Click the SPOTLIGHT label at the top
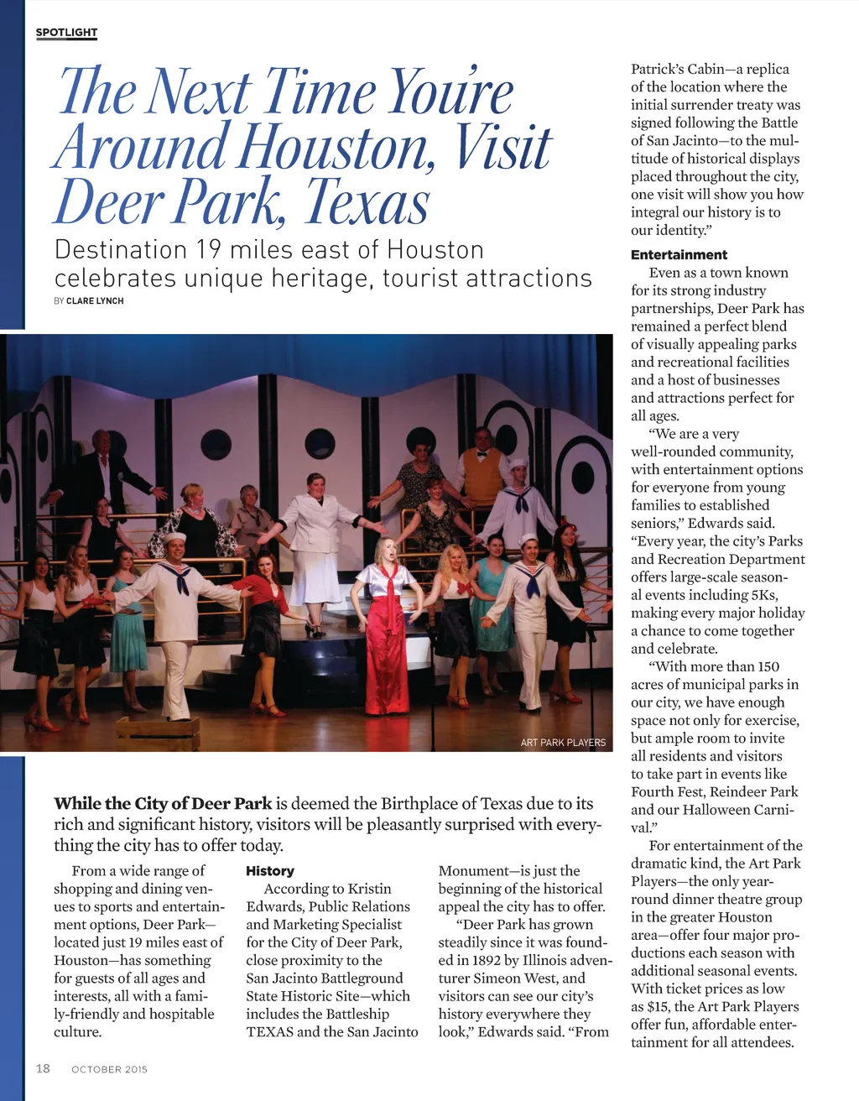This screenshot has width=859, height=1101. [66, 33]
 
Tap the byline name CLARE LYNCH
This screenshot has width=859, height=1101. [95, 300]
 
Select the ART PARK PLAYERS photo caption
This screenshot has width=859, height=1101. [562, 742]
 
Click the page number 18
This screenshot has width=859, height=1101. [43, 1068]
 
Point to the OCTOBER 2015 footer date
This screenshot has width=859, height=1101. [109, 1069]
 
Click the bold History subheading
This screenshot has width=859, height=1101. [269, 871]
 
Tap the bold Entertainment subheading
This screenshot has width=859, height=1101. [679, 254]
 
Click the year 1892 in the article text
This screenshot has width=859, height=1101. [492, 960]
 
